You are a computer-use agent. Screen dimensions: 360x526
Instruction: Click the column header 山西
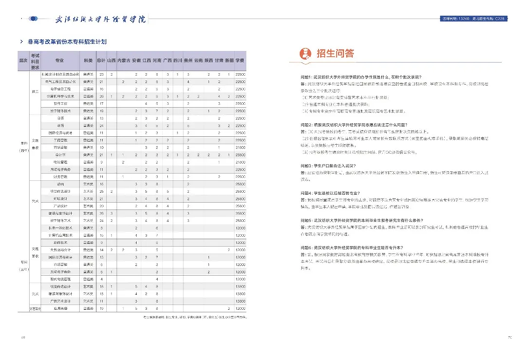point(112,61)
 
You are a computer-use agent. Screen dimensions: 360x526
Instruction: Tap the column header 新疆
point(229,61)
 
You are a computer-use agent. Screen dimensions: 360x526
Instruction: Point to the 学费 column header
point(241,61)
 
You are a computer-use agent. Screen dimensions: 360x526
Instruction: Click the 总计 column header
point(101,61)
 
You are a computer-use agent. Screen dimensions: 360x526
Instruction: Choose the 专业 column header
point(60,61)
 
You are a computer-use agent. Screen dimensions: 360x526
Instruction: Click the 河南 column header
point(158,61)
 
